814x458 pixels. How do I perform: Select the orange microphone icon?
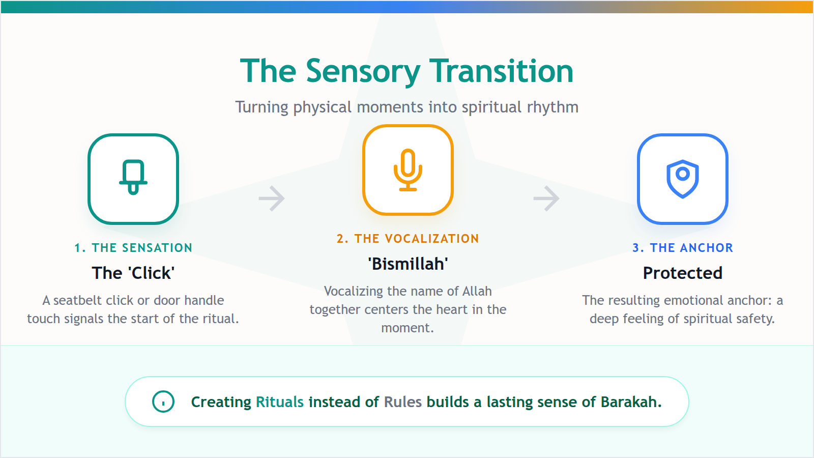(x=408, y=170)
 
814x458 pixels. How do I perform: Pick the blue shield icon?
(x=683, y=179)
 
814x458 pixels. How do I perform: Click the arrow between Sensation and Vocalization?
(x=272, y=198)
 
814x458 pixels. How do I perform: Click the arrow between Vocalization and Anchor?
(x=546, y=198)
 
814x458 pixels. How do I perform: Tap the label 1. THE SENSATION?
(x=133, y=248)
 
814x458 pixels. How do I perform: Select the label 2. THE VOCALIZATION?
(x=408, y=239)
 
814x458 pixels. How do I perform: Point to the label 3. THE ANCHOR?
(x=683, y=248)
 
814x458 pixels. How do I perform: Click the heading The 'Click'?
(x=133, y=273)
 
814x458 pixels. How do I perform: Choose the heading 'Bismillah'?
(x=408, y=264)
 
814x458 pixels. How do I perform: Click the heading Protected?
(x=683, y=273)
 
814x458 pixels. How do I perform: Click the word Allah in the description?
(x=477, y=292)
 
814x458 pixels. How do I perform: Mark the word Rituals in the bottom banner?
(x=280, y=402)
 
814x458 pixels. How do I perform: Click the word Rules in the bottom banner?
(x=403, y=402)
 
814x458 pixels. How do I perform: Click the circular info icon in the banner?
(x=163, y=402)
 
